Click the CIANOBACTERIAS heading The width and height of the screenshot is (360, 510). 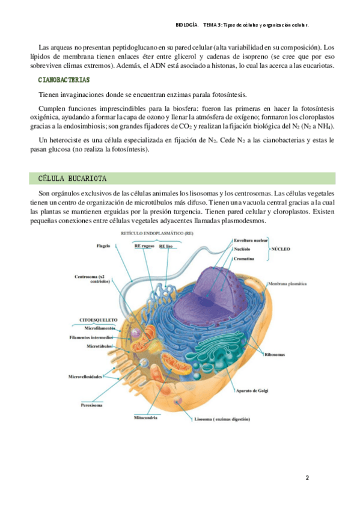point(64,80)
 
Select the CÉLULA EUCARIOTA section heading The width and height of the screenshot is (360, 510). point(73,179)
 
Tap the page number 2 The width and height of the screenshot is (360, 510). point(307,478)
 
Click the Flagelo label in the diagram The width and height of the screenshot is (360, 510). point(103,246)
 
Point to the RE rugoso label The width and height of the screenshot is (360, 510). point(144,246)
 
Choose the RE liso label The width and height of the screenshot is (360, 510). point(166,246)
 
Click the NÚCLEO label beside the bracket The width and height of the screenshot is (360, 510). point(281,249)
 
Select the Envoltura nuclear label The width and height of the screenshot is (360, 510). point(251,241)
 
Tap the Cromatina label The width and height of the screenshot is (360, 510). point(244,259)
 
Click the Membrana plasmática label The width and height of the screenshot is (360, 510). point(287,284)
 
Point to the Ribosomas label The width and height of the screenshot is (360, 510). point(275,354)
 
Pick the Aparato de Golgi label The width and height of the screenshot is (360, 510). point(252,391)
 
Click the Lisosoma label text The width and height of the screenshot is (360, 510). point(222,419)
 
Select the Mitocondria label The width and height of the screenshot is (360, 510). point(145,417)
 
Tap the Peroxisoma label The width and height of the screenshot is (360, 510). point(91,405)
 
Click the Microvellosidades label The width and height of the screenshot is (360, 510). point(85,376)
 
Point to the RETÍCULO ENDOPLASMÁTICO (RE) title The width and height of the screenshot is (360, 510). point(157,233)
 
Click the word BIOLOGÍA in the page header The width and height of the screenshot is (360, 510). point(186,25)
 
